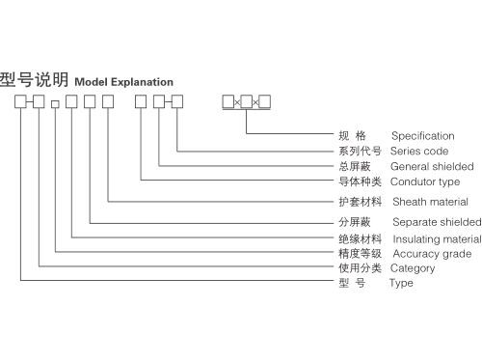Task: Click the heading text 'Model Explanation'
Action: (123, 82)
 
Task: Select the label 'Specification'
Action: (422, 136)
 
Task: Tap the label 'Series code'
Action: (419, 152)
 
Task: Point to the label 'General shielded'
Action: (432, 166)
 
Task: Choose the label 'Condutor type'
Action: (425, 181)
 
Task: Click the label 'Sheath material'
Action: (430, 202)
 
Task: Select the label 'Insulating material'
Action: (437, 238)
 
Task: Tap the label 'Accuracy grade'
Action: (431, 253)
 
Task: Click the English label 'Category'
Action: (413, 268)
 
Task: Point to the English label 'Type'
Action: (401, 283)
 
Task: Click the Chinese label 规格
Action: (353, 136)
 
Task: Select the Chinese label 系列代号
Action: (361, 152)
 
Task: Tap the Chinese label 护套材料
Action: (361, 202)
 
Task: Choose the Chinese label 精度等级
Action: (361, 253)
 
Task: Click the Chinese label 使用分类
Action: (361, 268)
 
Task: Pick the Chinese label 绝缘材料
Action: (361, 238)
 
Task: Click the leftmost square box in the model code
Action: (21, 101)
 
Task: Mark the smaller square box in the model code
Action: (55, 103)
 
